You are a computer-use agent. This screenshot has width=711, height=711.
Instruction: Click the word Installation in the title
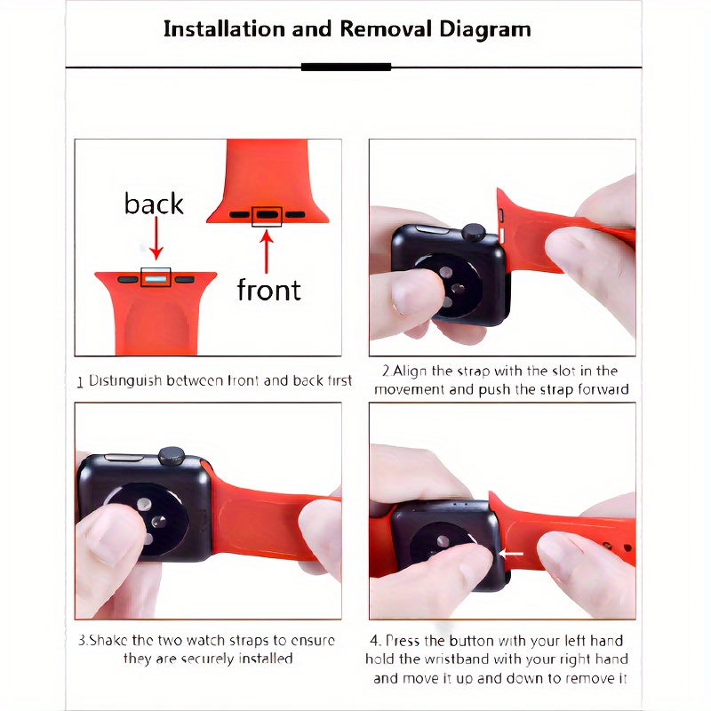click(x=225, y=29)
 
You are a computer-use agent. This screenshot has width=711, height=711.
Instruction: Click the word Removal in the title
click(x=386, y=29)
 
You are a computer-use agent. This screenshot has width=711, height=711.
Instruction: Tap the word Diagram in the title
click(x=484, y=30)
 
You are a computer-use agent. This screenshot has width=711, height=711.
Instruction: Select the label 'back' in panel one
click(x=154, y=204)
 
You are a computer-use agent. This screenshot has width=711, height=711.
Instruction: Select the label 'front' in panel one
click(x=269, y=290)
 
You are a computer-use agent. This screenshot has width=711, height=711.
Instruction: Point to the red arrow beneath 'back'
click(x=156, y=238)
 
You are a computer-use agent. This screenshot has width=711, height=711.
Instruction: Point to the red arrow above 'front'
click(x=266, y=252)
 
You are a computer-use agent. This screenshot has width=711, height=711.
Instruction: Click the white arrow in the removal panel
click(x=510, y=554)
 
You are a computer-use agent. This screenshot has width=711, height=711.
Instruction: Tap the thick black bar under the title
click(x=346, y=68)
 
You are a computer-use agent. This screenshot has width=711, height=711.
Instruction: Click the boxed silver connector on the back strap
click(x=156, y=278)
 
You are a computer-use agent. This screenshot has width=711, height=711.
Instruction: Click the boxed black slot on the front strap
click(x=268, y=216)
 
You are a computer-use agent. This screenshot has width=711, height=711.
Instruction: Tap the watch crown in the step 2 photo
click(x=474, y=232)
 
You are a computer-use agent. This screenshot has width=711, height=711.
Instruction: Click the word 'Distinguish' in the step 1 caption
click(x=125, y=381)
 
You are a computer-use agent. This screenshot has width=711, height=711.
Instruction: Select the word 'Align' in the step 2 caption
click(x=410, y=371)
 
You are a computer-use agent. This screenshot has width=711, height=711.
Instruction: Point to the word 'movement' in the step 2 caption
click(x=409, y=390)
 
